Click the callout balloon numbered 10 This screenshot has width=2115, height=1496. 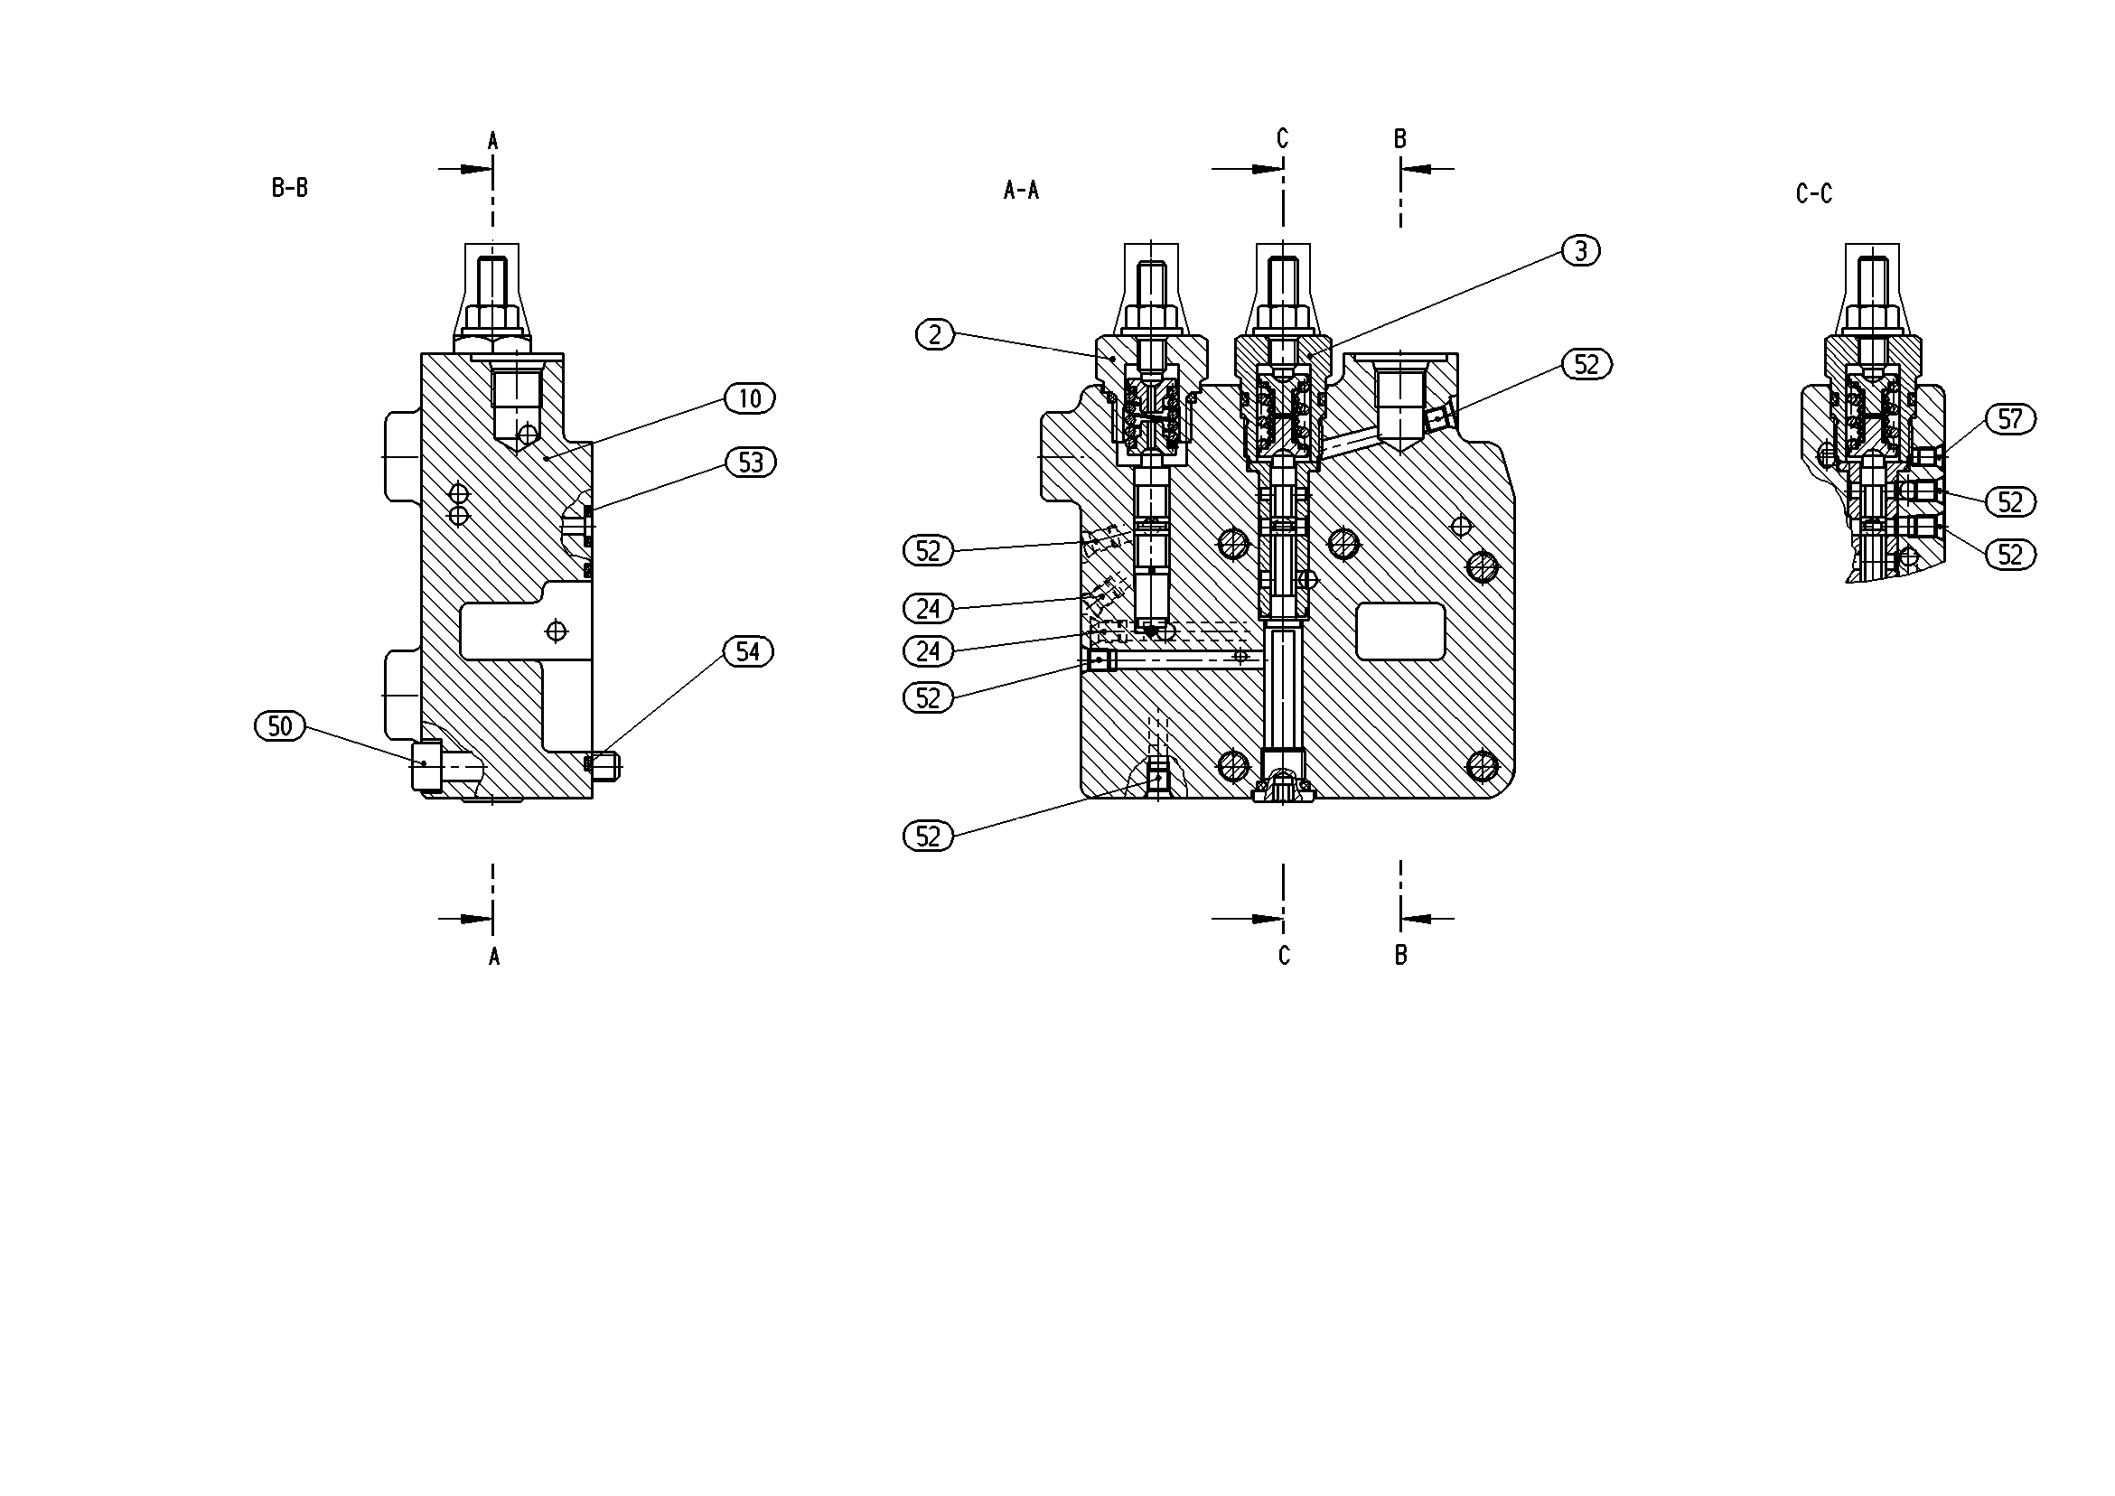[x=750, y=398]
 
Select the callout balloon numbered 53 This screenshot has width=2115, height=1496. [x=751, y=462]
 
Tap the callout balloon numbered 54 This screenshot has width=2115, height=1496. [x=748, y=651]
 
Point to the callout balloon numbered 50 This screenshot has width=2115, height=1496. [x=280, y=726]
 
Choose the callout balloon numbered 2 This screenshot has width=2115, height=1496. [x=935, y=334]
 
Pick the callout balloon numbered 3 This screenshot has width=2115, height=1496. [x=1581, y=250]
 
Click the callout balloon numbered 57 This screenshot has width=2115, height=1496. [x=2010, y=419]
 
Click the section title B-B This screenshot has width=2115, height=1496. [x=289, y=188]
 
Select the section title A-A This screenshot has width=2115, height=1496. [x=1021, y=190]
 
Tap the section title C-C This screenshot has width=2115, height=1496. [x=1814, y=193]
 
